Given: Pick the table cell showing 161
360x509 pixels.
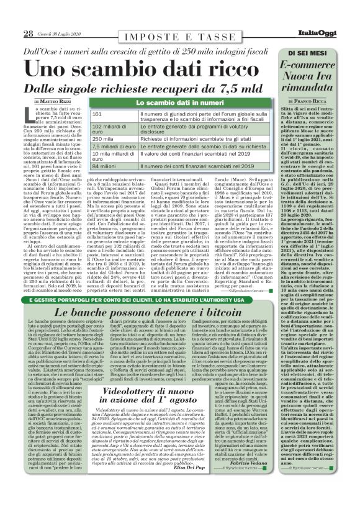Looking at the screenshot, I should coord(97,115).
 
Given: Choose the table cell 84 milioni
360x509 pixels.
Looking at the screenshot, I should coord(104,167).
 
